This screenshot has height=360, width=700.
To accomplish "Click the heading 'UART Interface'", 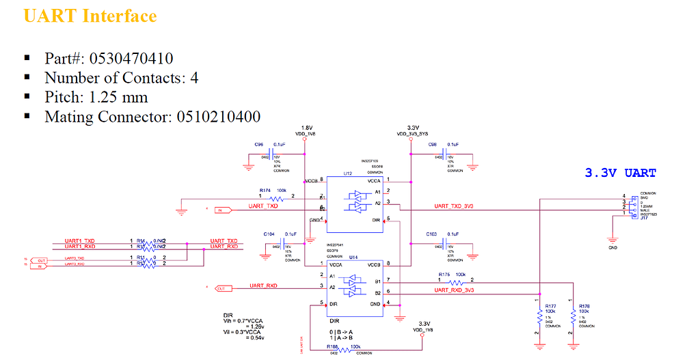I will [90, 16].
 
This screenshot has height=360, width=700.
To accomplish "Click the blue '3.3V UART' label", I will [620, 173].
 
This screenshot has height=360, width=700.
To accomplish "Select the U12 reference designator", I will [347, 174].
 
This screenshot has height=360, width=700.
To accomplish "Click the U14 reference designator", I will [353, 256].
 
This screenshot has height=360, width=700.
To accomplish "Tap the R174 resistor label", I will [265, 190].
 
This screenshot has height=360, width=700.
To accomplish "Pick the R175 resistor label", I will [444, 275].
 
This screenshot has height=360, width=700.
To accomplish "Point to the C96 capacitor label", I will [259, 145].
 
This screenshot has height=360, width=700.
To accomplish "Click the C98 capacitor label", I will [433, 145].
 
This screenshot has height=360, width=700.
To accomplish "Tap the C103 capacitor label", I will [431, 234].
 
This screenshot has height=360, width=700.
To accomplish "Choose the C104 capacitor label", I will [269, 234].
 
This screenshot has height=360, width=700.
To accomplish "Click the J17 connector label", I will [644, 218].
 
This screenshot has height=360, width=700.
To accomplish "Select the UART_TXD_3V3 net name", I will [455, 206].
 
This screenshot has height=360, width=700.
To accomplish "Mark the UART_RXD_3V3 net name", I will [454, 290].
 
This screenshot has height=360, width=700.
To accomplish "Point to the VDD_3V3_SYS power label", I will [413, 134].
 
